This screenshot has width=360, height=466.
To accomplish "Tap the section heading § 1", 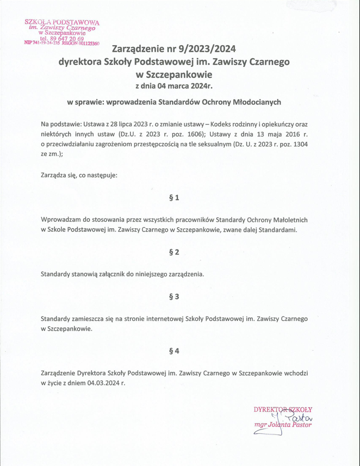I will (x=175, y=198).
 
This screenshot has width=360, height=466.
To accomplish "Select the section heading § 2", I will (x=175, y=252).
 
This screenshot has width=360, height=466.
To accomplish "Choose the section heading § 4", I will (x=175, y=351).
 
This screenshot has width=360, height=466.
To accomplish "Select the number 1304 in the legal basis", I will (x=309, y=144).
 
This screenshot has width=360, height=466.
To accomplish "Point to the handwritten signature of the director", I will (x=291, y=418).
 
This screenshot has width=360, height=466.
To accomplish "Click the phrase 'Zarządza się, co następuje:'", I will (x=79, y=176).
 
